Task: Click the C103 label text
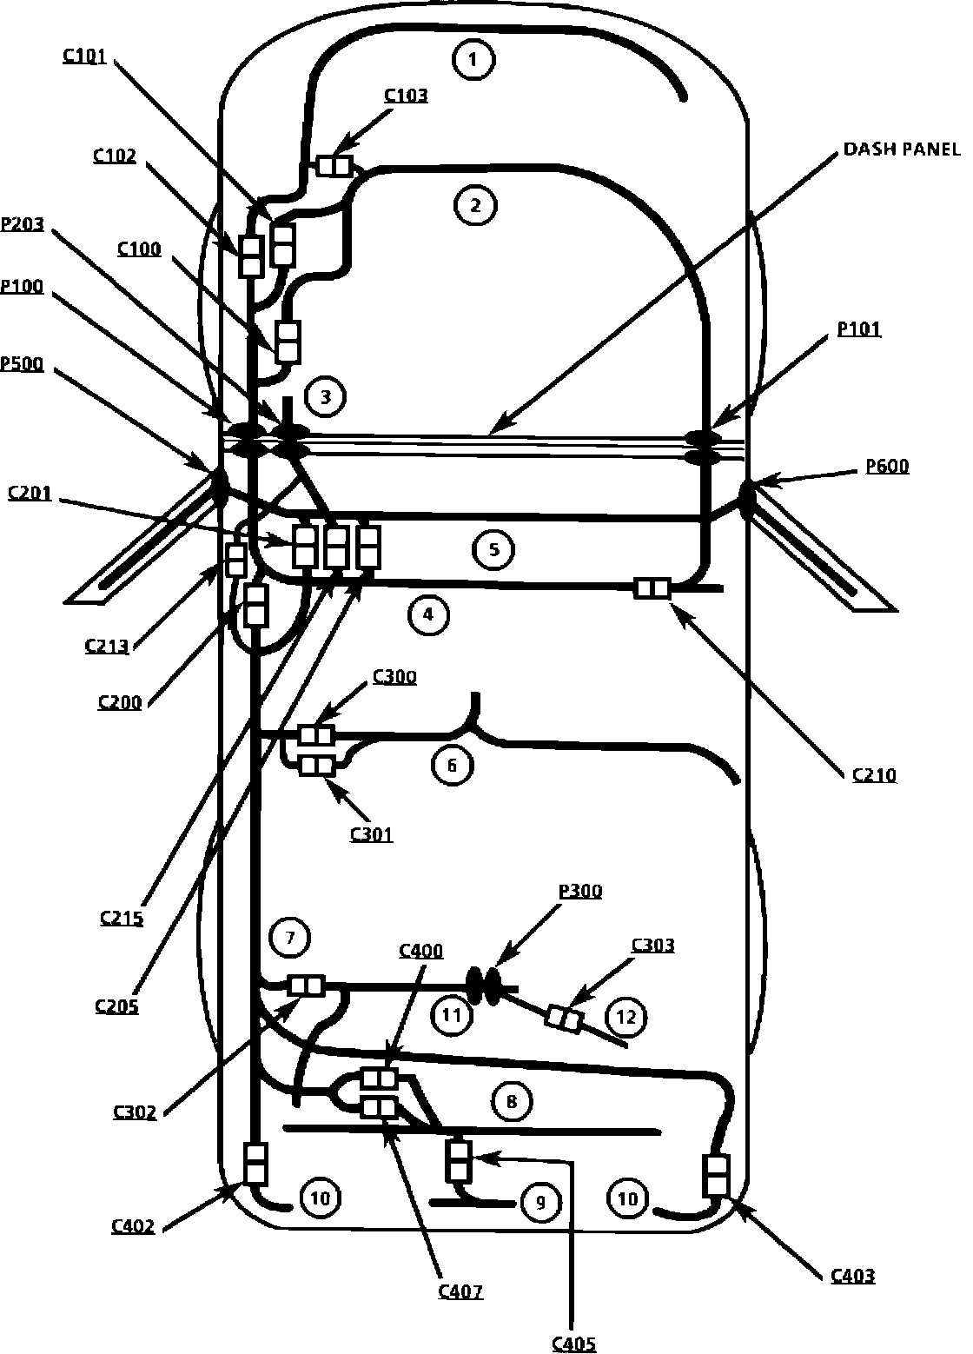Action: coord(406,95)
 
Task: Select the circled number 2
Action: coord(474,206)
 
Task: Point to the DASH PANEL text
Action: coord(901,149)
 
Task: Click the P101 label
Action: coord(858,329)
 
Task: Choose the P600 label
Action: coord(887,467)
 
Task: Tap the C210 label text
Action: coord(874,774)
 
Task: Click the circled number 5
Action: coord(493,549)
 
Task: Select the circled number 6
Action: coord(452,765)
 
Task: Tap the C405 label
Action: coord(574,1344)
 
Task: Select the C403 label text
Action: coord(852,1276)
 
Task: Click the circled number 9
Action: coord(540,1202)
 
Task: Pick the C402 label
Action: coord(133,1226)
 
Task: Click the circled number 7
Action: coord(290,937)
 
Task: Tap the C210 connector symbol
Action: coord(652,588)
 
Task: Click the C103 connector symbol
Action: coord(333,165)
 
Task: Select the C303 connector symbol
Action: coord(564,1018)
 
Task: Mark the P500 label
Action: coord(22,363)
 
